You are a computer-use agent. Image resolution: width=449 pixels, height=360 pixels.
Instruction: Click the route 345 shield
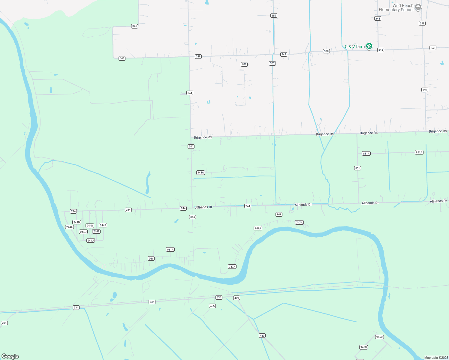134,26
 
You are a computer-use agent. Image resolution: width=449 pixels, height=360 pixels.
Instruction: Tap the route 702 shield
244,64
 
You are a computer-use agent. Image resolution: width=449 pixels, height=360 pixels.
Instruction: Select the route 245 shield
378,19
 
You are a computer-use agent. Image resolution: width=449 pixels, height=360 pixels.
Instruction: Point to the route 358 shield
422,23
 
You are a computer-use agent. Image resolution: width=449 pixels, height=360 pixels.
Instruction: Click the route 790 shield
425,90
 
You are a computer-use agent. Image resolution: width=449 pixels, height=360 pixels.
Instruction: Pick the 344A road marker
200,172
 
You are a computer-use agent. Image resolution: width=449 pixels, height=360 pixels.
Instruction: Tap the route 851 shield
357,168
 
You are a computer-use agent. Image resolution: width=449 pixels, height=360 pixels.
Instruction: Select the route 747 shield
279,214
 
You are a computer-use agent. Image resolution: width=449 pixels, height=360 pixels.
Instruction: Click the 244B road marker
77,222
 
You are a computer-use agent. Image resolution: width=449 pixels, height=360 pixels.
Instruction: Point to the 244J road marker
90,241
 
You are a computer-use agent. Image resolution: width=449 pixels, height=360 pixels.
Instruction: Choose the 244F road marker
103,225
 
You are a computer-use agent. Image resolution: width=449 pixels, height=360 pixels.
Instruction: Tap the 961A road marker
170,250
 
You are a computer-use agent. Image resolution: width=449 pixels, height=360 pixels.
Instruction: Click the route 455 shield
212,306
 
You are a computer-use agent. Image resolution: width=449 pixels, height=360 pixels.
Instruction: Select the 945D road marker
379,337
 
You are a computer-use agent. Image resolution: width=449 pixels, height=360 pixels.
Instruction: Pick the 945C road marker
363,347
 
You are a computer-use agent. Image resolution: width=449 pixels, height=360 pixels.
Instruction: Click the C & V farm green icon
369,46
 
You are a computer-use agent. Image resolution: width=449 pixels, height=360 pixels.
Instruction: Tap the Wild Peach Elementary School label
396,7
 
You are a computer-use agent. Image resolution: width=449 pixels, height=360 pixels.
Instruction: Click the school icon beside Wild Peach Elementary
418,7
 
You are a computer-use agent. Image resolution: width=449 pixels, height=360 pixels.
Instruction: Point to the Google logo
10,356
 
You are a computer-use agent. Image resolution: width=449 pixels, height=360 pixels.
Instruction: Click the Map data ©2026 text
436,358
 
